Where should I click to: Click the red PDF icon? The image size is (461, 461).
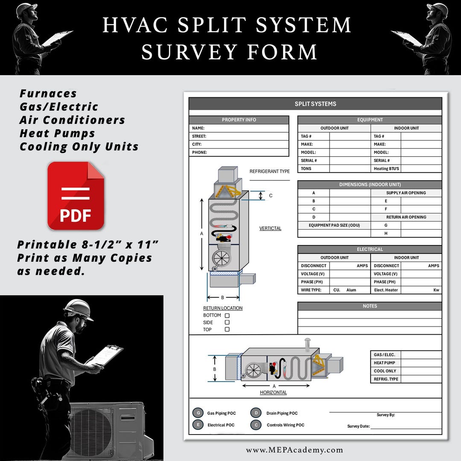[x=76, y=196]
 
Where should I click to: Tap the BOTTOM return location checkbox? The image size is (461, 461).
[x=227, y=315]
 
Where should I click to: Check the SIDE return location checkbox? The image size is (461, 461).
[x=227, y=322]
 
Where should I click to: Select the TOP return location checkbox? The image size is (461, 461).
[x=227, y=329]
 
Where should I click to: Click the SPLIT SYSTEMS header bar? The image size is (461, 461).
[x=315, y=104]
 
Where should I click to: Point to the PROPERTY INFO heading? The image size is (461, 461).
[x=239, y=120]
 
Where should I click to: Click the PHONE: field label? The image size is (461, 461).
[x=199, y=152]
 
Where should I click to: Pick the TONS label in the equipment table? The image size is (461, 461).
[x=306, y=169]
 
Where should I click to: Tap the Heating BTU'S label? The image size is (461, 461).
[x=387, y=169]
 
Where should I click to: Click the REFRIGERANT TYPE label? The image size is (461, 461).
[x=269, y=172]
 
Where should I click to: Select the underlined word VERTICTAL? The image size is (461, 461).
[x=270, y=228]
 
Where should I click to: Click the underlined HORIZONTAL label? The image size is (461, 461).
[x=273, y=392]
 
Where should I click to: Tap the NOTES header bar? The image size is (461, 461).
[x=370, y=306]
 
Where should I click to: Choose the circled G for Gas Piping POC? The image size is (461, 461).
[x=198, y=413]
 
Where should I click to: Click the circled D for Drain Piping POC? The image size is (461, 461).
[x=256, y=413]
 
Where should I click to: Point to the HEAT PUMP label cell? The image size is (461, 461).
[x=385, y=363]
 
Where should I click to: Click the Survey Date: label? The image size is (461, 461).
[x=358, y=426]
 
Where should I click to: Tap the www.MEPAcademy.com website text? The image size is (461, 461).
[x=294, y=450]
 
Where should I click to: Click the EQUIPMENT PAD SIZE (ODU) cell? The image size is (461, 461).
[x=334, y=225]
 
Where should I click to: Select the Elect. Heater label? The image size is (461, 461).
[x=386, y=290]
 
